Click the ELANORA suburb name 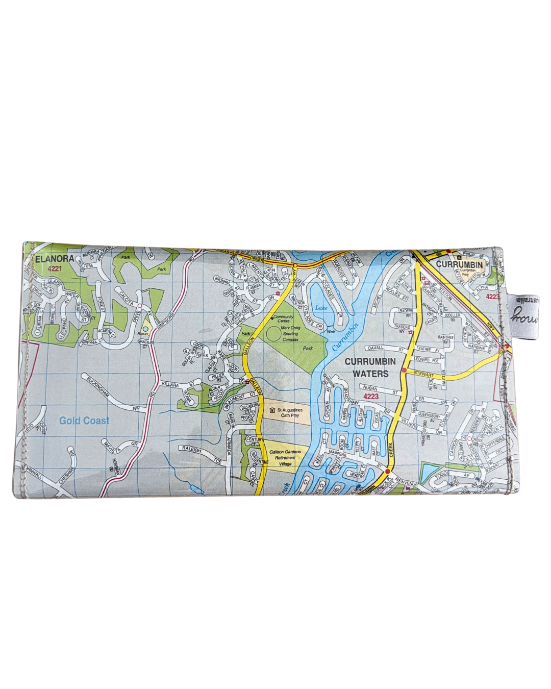(x=55, y=259)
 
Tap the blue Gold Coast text (x=84, y=421)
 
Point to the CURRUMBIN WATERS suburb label (x=370, y=367)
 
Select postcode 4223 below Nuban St (x=371, y=397)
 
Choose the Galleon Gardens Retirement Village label (x=285, y=458)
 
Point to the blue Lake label (x=321, y=308)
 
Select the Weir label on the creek (x=331, y=331)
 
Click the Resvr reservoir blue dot (x=146, y=329)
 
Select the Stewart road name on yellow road (x=424, y=374)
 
